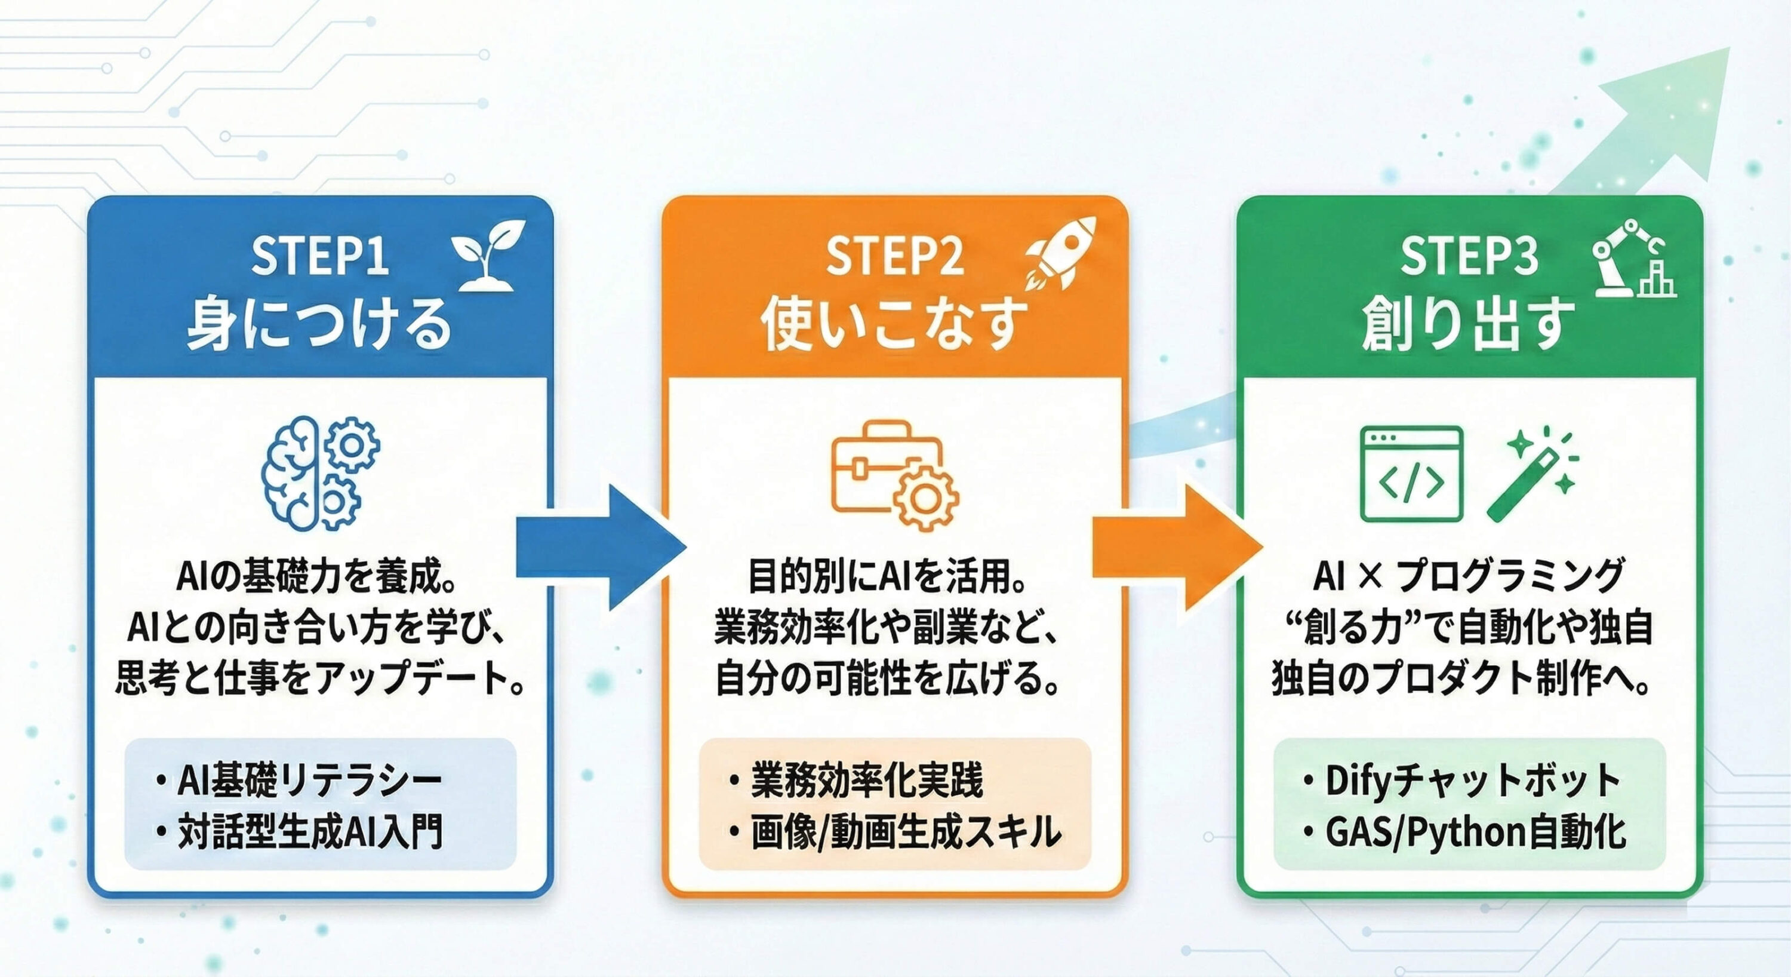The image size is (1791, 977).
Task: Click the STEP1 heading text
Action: coord(319,256)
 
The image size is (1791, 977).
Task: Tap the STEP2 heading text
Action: coord(894,256)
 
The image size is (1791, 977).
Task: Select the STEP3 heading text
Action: coord(1469,256)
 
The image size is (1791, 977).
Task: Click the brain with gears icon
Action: coord(320,473)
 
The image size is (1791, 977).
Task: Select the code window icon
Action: coord(1411,474)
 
